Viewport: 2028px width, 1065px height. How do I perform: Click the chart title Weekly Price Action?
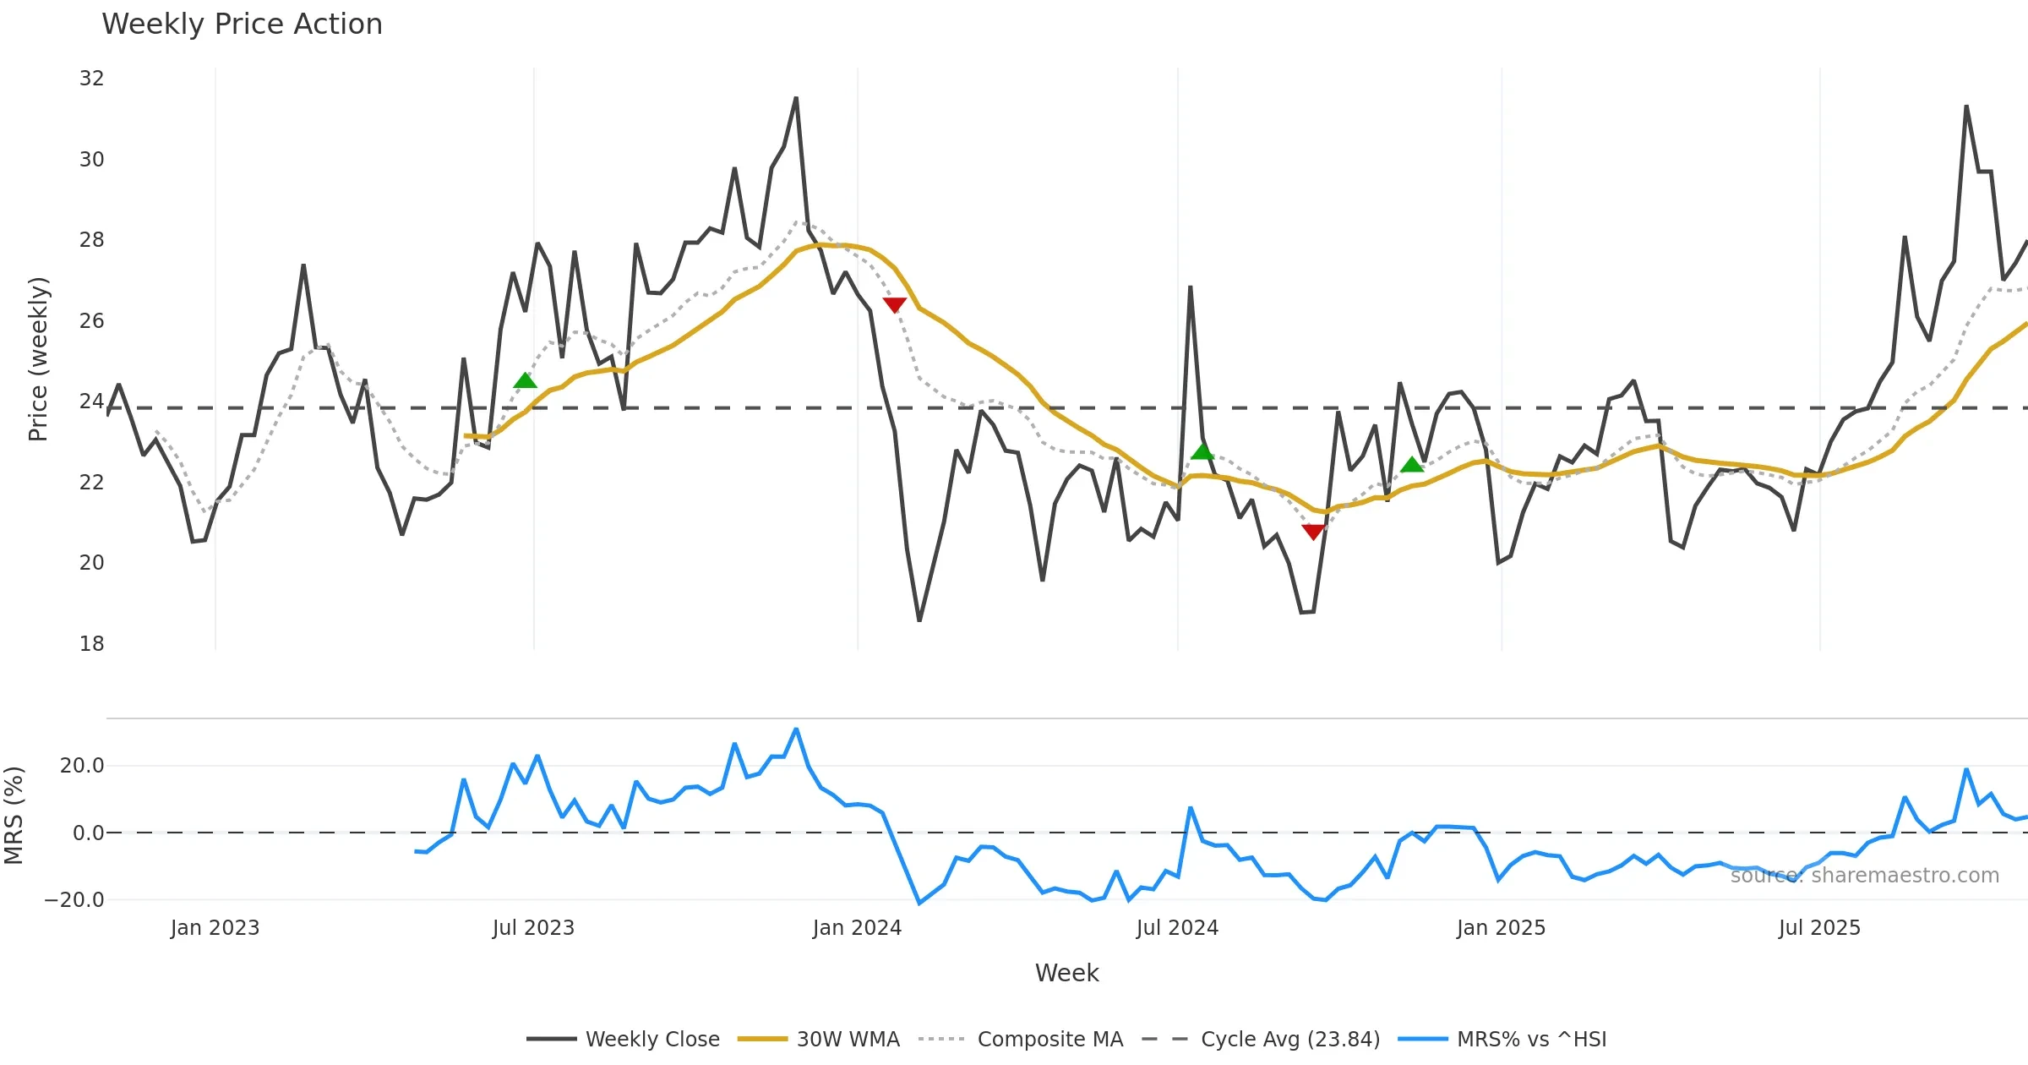click(x=242, y=25)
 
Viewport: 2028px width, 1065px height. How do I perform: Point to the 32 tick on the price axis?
click(x=91, y=79)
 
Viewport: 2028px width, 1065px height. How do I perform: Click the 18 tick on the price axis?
click(x=91, y=644)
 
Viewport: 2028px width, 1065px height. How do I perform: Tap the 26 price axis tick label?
click(x=91, y=321)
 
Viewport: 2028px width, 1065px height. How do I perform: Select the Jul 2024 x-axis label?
click(x=1177, y=928)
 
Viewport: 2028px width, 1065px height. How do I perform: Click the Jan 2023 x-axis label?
click(x=215, y=928)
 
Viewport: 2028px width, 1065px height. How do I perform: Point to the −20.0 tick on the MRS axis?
click(x=74, y=900)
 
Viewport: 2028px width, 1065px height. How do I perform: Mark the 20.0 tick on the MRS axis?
click(x=82, y=766)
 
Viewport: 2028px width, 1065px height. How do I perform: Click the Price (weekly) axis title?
click(x=38, y=359)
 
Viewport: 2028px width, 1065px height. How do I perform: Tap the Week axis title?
click(x=1066, y=974)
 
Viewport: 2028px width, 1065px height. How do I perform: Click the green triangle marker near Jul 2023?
click(x=525, y=381)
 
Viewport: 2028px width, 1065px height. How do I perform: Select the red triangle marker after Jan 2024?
click(x=894, y=304)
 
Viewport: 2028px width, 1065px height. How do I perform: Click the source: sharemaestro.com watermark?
click(x=1864, y=876)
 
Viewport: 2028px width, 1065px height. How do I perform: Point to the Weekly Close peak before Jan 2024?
click(x=796, y=99)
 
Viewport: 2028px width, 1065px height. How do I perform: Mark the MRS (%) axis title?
click(x=14, y=816)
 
